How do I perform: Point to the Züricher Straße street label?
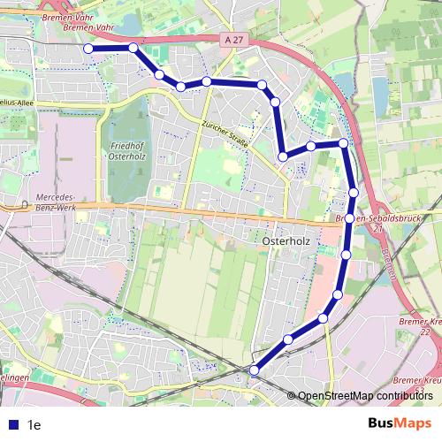(225, 133)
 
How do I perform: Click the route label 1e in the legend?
(35, 424)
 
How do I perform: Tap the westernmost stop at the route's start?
(88, 49)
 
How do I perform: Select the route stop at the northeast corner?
(342, 142)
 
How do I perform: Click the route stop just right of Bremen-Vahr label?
(133, 48)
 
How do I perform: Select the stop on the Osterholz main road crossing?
(350, 217)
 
